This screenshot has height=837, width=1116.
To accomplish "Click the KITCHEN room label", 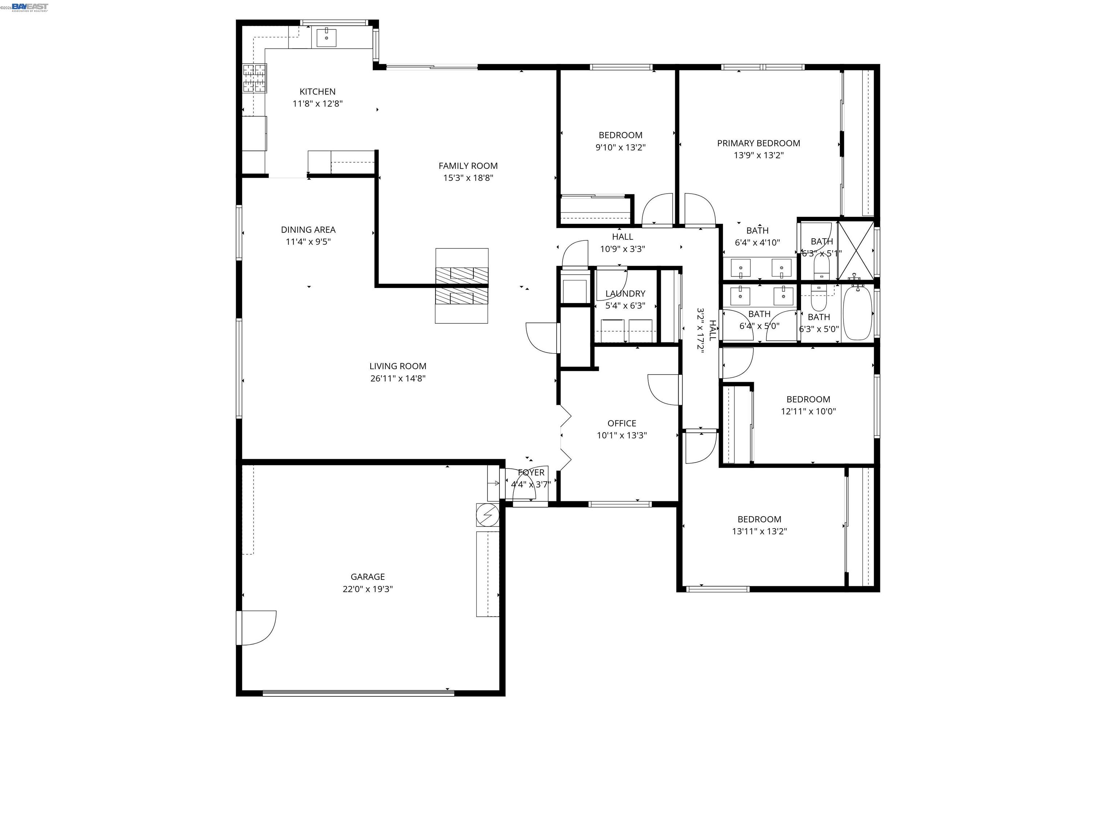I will (318, 91).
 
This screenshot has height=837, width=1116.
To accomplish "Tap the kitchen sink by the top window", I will (327, 37).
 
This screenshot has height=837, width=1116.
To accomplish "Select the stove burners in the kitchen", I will (254, 78).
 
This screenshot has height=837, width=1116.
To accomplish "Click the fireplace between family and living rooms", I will (462, 286).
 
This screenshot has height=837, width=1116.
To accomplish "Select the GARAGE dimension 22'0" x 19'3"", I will (367, 589).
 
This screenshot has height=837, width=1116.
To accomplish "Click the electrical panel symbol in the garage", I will (488, 515).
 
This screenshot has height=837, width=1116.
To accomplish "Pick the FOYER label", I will (531, 472).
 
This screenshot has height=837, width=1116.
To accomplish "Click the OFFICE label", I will (622, 423).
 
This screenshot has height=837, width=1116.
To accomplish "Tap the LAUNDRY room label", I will (625, 294).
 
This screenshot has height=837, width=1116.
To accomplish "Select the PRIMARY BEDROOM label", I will (758, 143).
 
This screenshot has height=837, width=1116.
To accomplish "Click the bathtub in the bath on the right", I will (857, 313).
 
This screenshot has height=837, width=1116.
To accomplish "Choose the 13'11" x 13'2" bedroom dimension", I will (759, 531).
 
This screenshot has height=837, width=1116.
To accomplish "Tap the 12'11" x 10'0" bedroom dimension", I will (808, 411).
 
